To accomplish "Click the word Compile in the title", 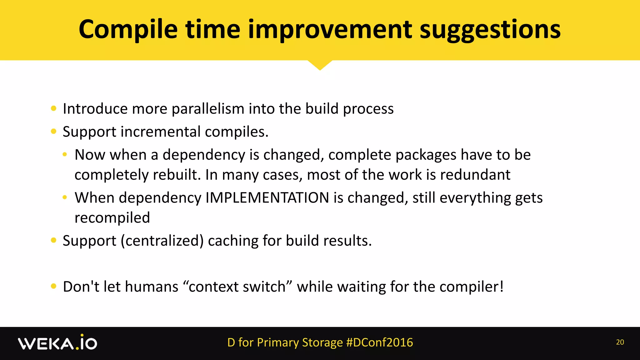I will tap(128, 30).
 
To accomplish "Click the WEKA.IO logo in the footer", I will tap(57, 343).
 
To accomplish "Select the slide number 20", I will tap(620, 342).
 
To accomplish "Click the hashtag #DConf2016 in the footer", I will tap(380, 342).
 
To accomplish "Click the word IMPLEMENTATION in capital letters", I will tap(267, 198).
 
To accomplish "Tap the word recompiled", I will tap(112, 218).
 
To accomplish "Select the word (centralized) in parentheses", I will tap(162, 241).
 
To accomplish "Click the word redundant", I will tap(475, 175).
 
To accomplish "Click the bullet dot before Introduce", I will tap(53, 109).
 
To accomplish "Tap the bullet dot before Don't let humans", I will tap(53, 286).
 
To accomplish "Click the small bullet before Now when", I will tap(65, 155).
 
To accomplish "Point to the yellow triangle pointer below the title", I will tap(320, 65).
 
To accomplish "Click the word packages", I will tap(426, 155).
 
